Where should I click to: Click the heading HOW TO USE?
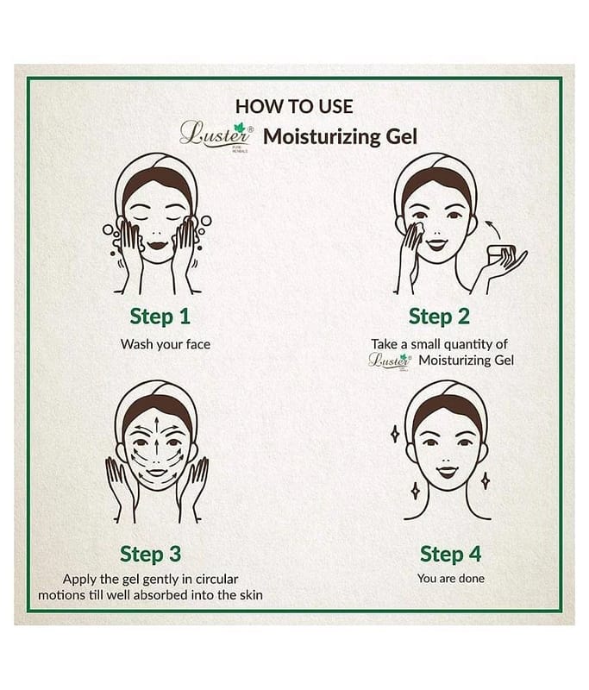(294, 107)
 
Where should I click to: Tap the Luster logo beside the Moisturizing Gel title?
(216, 135)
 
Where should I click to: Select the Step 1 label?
(160, 317)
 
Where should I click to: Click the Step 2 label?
(439, 317)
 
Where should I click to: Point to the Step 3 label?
(150, 554)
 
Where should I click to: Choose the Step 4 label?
(450, 554)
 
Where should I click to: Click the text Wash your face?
(166, 344)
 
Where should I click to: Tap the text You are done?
(451, 578)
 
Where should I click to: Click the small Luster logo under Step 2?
(390, 361)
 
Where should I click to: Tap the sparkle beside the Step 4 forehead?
(395, 435)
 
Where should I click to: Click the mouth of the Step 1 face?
(159, 244)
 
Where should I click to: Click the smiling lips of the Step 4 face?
(448, 472)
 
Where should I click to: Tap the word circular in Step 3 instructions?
(217, 579)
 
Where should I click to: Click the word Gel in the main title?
(402, 137)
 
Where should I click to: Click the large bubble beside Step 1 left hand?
(108, 229)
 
